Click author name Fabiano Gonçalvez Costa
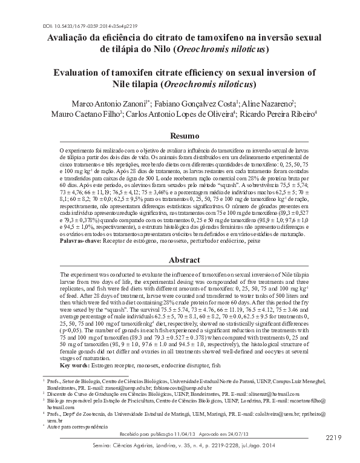[196, 103]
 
